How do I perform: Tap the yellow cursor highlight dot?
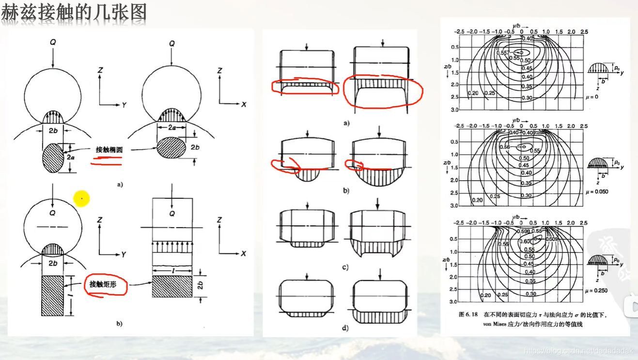tap(81, 198)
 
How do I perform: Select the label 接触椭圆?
tap(109, 150)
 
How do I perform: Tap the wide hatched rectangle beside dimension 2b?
tap(172, 286)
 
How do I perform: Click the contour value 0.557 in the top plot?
tap(503, 52)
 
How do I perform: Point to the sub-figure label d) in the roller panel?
tap(345, 328)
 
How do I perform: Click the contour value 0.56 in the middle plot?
tap(504, 146)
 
